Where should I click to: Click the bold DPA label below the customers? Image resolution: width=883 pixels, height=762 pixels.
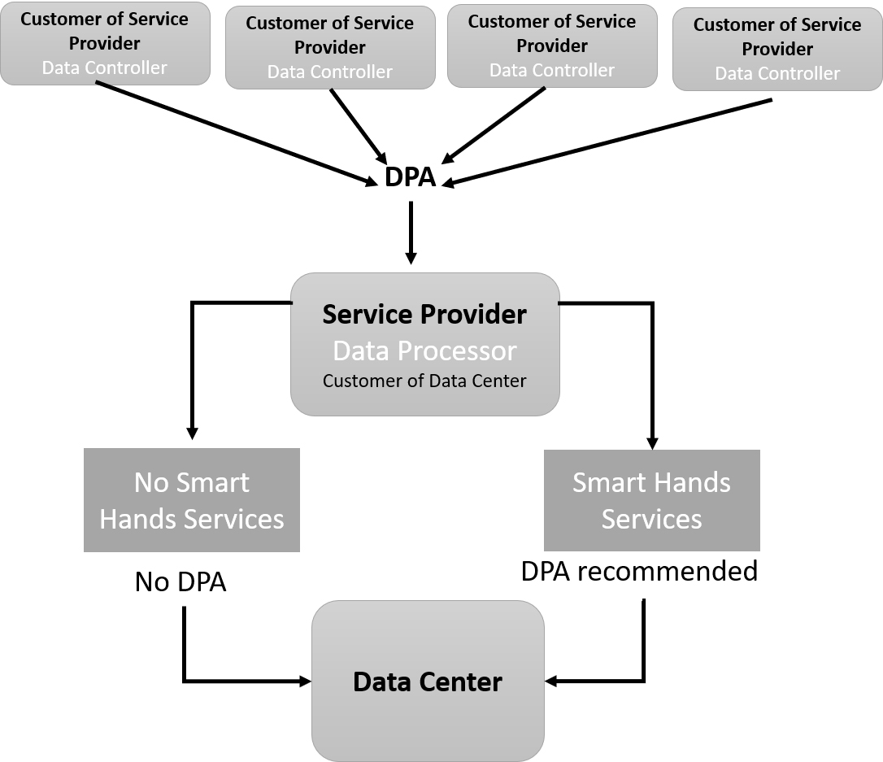pyautogui.click(x=411, y=178)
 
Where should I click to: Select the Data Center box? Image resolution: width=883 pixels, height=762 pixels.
pyautogui.click(x=428, y=681)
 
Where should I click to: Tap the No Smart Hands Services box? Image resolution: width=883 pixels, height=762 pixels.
pyautogui.click(x=192, y=500)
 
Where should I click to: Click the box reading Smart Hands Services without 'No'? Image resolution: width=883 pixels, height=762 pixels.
pyautogui.click(x=651, y=500)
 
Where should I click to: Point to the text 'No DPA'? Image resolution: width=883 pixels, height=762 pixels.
pyautogui.click(x=181, y=581)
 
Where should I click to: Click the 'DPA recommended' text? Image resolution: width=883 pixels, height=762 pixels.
pyautogui.click(x=639, y=571)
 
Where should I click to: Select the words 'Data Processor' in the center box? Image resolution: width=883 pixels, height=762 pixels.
pyautogui.click(x=424, y=351)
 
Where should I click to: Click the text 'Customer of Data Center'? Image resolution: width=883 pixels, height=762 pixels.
pyautogui.click(x=424, y=381)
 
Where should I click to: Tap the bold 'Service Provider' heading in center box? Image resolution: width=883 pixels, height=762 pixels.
pyautogui.click(x=424, y=314)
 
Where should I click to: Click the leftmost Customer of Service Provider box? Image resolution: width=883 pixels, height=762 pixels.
pyautogui.click(x=105, y=43)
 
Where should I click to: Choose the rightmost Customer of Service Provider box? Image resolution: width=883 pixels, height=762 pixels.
pyautogui.click(x=777, y=49)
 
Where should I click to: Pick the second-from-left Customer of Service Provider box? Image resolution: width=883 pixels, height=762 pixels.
pyautogui.click(x=329, y=47)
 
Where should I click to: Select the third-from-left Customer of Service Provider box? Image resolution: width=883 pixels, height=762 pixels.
pyautogui.click(x=552, y=46)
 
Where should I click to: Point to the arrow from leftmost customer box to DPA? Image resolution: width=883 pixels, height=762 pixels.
pyautogui.click(x=236, y=133)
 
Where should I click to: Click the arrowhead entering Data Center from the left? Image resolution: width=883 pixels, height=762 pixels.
pyautogui.click(x=305, y=680)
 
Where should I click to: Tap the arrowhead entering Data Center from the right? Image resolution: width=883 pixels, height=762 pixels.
pyautogui.click(x=553, y=680)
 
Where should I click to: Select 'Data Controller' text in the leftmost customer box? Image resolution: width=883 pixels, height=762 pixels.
pyautogui.click(x=105, y=67)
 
